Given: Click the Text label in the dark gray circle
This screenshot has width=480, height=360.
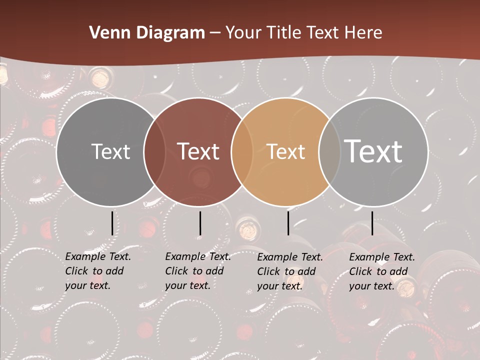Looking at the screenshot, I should (x=110, y=152).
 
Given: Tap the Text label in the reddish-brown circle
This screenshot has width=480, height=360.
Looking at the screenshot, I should (x=198, y=152).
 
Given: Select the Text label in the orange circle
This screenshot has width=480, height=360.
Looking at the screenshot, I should (x=285, y=152).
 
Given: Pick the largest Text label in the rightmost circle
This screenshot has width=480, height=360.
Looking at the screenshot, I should (x=373, y=151).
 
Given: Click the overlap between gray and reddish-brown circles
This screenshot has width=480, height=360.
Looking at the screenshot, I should (x=154, y=152).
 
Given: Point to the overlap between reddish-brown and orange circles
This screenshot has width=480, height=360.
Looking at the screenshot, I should (x=242, y=152).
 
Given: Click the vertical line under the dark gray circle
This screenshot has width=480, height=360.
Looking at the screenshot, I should (x=112, y=223).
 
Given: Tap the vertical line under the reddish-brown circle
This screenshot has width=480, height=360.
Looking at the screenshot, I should (x=200, y=223).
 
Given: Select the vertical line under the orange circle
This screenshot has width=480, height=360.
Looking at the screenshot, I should (x=288, y=223).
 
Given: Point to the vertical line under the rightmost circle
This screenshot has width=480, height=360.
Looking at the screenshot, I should (x=372, y=223).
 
